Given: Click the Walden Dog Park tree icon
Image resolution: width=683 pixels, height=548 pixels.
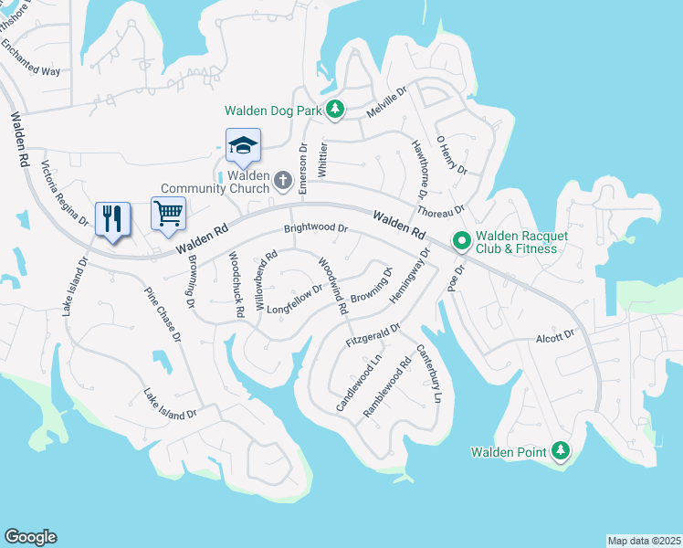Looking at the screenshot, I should click(335, 110).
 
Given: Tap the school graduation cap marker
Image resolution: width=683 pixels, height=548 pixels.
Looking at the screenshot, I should click(243, 145).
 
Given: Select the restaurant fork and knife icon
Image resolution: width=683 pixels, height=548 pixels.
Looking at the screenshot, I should click(113, 218).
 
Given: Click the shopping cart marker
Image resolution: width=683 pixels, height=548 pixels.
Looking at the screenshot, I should click(168, 214).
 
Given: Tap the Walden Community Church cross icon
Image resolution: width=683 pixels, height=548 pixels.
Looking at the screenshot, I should click(283, 181).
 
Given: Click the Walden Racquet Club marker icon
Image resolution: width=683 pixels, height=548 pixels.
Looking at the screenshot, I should click(462, 241).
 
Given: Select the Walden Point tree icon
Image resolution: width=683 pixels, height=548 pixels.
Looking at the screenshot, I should click(561, 451).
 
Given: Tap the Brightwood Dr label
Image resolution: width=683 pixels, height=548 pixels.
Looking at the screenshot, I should click(316, 228).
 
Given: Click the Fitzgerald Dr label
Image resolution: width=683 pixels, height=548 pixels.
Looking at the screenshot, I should click(373, 334).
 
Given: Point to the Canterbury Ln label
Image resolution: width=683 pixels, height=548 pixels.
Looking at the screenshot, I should click(428, 374).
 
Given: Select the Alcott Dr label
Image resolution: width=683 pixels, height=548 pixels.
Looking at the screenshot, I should click(556, 336).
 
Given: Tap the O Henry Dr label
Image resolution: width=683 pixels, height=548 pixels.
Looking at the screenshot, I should click(451, 155).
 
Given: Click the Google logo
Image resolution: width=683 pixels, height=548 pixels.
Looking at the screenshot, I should click(30, 537).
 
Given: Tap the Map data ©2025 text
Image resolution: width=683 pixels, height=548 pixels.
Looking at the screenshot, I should click(644, 541).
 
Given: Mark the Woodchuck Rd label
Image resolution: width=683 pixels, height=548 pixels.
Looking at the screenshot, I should click(236, 284).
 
